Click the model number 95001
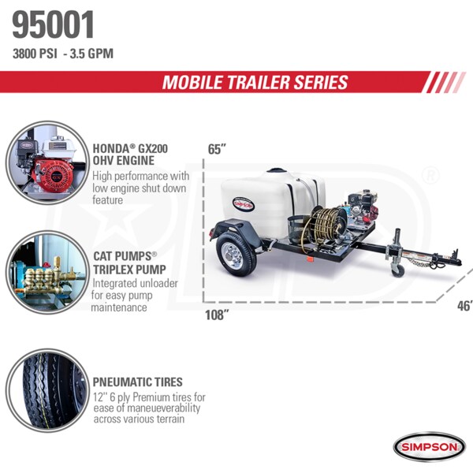53,24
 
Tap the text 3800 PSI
35,54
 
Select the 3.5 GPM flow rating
91,54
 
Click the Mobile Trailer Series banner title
255,82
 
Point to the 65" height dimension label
217,149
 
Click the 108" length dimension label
217,315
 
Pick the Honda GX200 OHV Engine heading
130,155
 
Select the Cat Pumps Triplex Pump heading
129,263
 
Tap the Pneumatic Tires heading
137,382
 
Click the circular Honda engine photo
47,163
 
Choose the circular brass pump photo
47,273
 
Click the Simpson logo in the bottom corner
430,447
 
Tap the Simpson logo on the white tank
244,205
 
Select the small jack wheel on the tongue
398,269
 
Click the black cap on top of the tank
275,170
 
